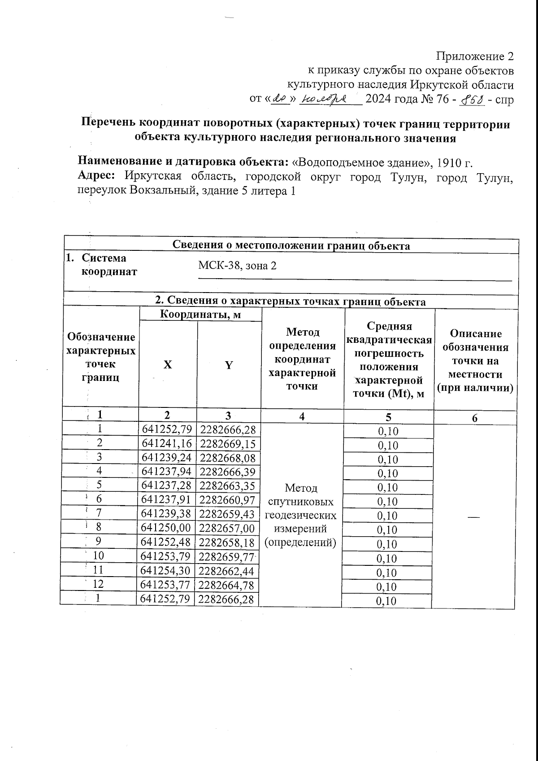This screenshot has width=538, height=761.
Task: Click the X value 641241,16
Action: [x=166, y=444]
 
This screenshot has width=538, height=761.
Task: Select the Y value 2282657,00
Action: [x=227, y=528]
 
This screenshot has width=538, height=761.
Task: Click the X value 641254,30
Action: [x=166, y=571]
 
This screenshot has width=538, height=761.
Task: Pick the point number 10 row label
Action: [x=98, y=556]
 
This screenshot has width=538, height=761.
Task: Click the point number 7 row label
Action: [x=99, y=513]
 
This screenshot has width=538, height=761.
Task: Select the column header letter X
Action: [x=167, y=365]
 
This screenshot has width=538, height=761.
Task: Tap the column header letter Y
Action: [x=229, y=365]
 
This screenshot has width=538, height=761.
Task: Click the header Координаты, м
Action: [x=200, y=315]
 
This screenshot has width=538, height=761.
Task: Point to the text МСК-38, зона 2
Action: [x=237, y=266]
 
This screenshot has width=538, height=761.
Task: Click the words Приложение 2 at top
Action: [x=475, y=57]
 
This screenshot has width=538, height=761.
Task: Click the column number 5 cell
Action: [x=388, y=417]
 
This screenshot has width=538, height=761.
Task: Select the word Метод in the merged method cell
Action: [x=301, y=487]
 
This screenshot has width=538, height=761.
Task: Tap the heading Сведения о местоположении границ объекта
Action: [x=291, y=245]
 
